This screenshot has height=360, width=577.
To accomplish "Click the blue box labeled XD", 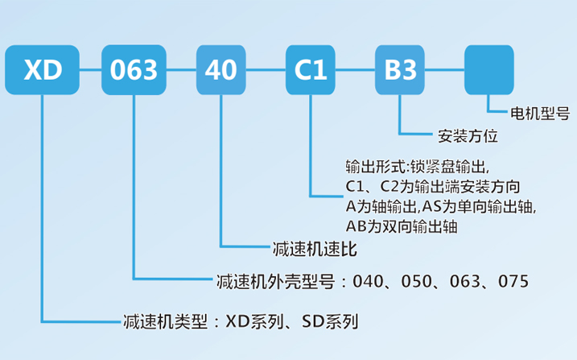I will (43, 70).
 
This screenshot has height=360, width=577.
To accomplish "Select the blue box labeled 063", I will (134, 70).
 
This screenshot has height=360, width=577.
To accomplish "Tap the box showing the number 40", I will (221, 70).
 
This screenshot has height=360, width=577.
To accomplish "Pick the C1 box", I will (311, 70).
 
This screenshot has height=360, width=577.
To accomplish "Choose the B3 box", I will (400, 70).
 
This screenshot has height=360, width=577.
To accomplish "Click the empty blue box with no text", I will (489, 70).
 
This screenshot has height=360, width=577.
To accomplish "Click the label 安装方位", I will (468, 135).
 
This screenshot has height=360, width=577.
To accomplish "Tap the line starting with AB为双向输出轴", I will (400, 227).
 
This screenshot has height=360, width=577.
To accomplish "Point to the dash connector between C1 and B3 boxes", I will (355, 70).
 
